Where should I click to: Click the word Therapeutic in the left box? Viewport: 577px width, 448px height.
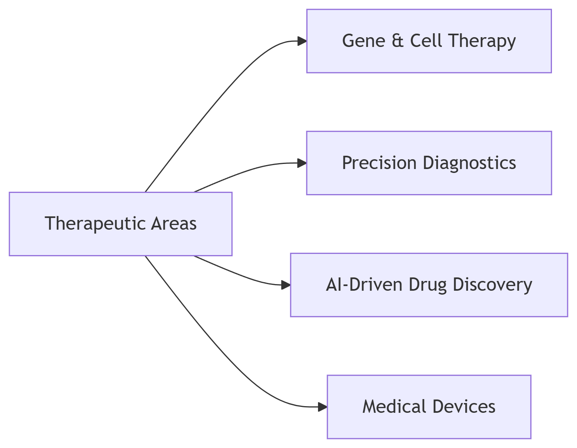tap(95, 224)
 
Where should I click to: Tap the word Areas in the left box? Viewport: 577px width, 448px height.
tap(174, 223)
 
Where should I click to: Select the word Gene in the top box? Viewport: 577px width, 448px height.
tap(364, 41)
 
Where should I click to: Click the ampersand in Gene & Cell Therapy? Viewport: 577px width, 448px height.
tap(397, 41)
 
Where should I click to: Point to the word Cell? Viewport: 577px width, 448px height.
tap(426, 41)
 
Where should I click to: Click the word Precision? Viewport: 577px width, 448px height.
tap(379, 163)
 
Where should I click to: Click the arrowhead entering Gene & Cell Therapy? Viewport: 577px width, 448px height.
tap(302, 41)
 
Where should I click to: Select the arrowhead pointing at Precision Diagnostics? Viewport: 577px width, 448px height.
tap(302, 163)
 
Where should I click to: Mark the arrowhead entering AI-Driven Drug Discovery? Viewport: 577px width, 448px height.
tap(286, 285)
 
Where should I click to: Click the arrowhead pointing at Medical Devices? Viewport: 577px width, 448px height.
tap(323, 407)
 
